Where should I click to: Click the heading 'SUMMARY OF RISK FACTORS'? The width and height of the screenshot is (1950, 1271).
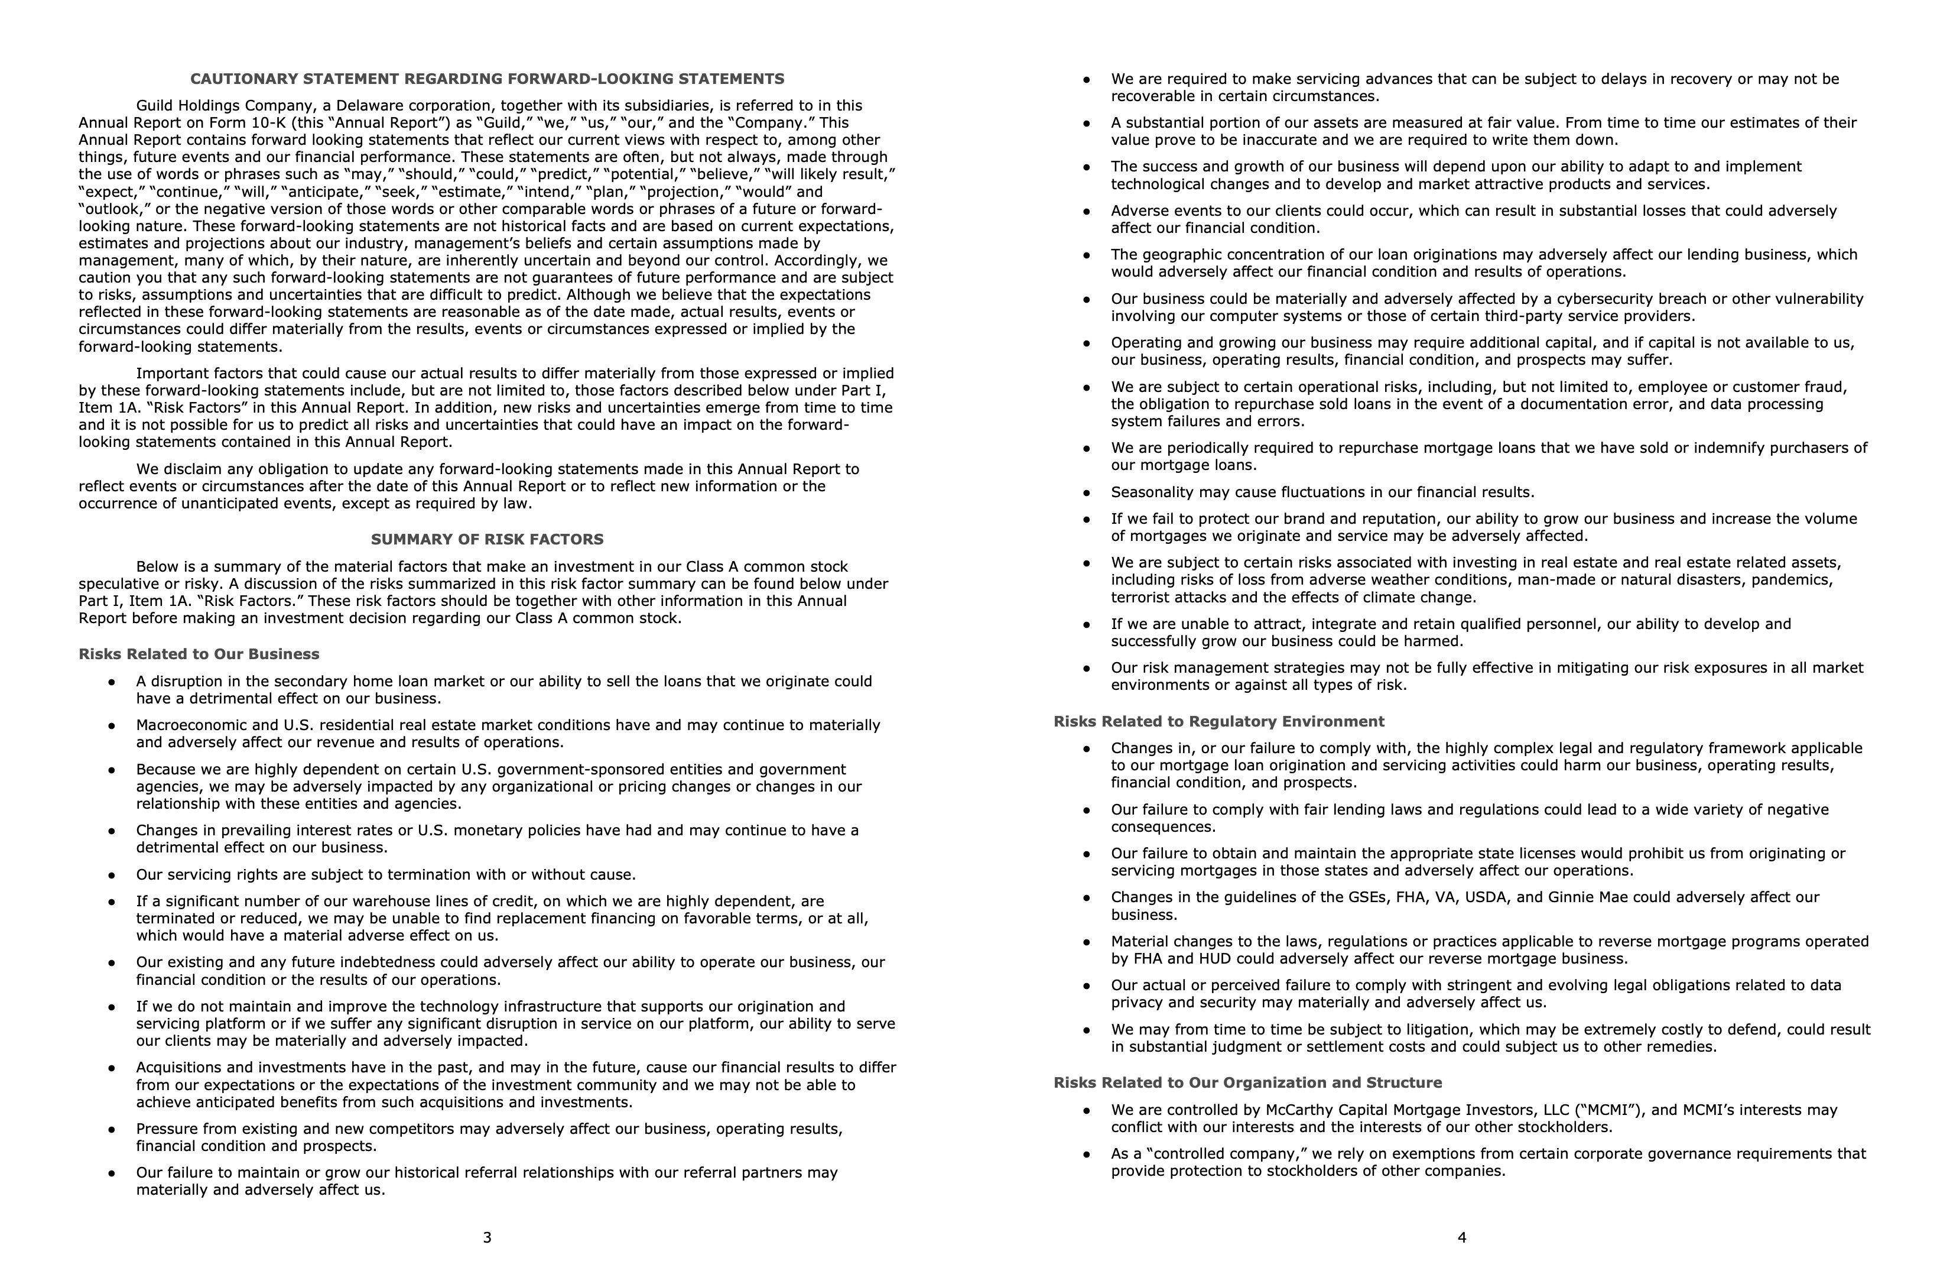click(x=487, y=539)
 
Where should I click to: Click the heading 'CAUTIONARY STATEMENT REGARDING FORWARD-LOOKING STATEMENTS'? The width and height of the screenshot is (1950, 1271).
click(x=487, y=79)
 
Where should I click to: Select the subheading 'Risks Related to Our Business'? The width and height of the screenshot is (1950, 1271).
click(x=199, y=654)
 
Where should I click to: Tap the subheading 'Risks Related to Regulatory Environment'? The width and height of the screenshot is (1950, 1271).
click(x=1218, y=721)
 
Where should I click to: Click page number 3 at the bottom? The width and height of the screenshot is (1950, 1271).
click(x=487, y=1237)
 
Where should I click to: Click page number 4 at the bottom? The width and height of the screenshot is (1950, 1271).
click(x=1462, y=1237)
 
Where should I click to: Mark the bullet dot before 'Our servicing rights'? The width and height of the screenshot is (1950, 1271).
click(x=112, y=875)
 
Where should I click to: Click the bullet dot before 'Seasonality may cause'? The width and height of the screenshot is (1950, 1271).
click(x=1087, y=493)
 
